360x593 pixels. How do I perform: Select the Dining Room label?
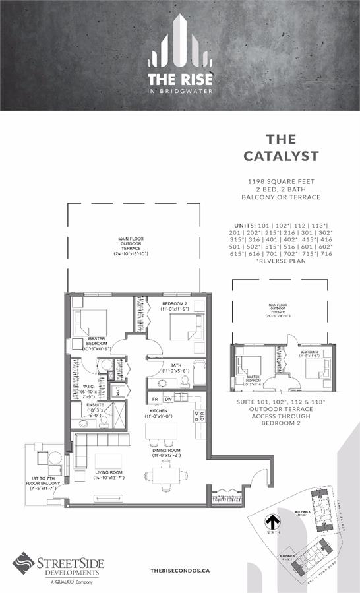tap(165, 452)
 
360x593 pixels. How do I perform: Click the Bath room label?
tap(175, 367)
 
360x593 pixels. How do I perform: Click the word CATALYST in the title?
tap(281, 156)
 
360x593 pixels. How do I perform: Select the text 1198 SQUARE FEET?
tap(281, 180)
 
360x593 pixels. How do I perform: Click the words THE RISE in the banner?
tap(180, 80)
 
